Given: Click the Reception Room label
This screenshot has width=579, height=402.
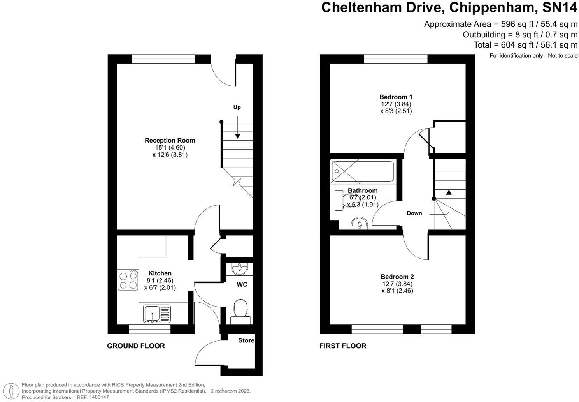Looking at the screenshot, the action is pos(170,141).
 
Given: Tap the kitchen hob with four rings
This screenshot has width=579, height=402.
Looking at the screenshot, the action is pos(128,281).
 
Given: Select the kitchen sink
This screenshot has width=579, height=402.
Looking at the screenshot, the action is pos(157,314).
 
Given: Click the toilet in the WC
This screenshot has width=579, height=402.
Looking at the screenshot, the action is pos(240,312).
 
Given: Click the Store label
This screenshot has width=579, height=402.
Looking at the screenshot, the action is pos(246,340).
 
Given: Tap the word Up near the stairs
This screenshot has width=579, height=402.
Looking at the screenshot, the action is pos(237,107).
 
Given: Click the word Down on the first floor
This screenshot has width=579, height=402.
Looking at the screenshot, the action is pos(414,213).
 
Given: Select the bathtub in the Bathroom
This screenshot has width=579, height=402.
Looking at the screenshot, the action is pos(363,171).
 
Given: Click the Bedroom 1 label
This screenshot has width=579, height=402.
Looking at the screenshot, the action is pos(396,97).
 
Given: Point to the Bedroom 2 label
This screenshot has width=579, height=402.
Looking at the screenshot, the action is pos(397,277).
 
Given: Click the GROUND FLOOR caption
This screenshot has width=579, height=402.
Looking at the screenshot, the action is pos(136,346).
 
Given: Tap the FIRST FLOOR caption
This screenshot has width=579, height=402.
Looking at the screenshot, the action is pos(343,346).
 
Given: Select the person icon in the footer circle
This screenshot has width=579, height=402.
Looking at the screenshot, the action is pos(11,391).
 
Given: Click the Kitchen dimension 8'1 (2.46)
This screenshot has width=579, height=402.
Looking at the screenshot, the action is pos(160,280).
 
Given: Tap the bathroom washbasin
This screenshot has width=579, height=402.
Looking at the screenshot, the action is pos(360,223).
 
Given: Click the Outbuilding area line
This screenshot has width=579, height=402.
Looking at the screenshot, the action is pos(520,34).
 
